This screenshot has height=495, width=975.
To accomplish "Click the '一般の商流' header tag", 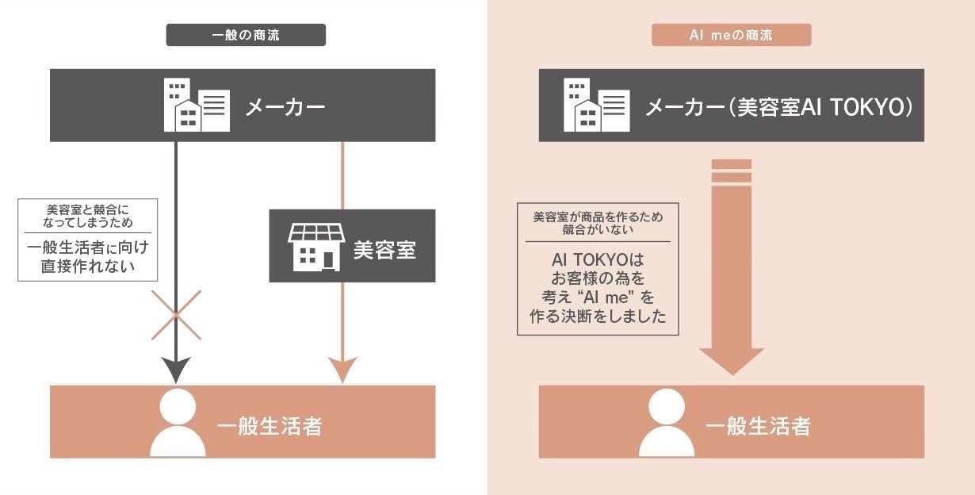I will pos(246,35).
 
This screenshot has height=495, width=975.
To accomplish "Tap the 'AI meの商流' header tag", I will pos(731,35).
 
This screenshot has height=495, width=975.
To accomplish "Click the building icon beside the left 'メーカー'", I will pos(197,105).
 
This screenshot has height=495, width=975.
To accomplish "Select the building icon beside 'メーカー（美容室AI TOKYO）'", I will pos(596,105).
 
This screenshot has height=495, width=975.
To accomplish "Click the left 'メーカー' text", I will pos(285,106).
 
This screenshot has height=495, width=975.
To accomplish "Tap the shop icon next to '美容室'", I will pos(315,245).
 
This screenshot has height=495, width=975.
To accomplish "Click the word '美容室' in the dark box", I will pos(384,251).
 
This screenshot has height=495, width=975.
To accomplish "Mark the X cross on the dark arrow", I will pos(175,315).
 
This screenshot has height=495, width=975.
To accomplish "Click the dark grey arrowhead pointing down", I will pos(175,368).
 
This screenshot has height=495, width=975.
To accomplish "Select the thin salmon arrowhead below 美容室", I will pos(342,369).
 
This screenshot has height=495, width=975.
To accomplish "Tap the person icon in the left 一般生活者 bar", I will pos(178,423).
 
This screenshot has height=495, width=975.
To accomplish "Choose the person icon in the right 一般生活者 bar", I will pos(666,423).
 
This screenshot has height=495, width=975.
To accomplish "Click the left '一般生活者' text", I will pos(270,426).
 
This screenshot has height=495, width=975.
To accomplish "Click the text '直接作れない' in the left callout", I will pos(87,267).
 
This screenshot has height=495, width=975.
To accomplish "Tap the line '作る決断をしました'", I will pos(597,317).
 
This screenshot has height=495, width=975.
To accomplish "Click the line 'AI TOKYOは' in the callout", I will pos(597,260).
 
